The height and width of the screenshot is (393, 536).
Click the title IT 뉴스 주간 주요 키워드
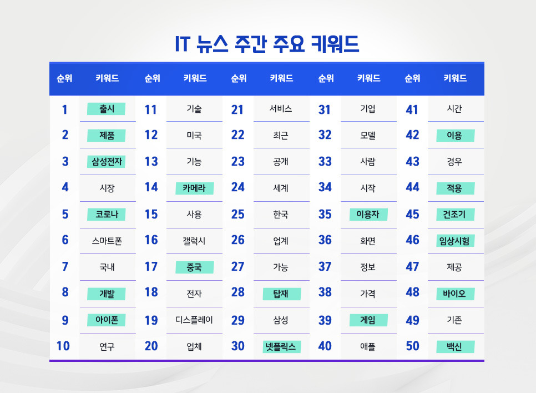pyautogui.click(x=267, y=44)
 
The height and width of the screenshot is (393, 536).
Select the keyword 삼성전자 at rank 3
pyautogui.click(x=107, y=162)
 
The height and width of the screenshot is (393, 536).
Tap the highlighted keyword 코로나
pyautogui.click(x=107, y=215)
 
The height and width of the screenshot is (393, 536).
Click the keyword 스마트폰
pyautogui.click(x=107, y=241)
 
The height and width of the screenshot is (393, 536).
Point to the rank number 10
pyautogui.click(x=63, y=346)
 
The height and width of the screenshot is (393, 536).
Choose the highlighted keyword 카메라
pyautogui.click(x=194, y=188)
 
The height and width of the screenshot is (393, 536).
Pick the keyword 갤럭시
pyautogui.click(x=194, y=241)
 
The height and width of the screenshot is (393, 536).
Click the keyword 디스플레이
pyautogui.click(x=194, y=320)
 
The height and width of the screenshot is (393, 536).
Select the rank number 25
pyautogui.click(x=237, y=215)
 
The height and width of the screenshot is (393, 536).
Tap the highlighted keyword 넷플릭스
pyautogui.click(x=281, y=347)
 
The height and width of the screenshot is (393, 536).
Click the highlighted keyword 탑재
pyautogui.click(x=281, y=293)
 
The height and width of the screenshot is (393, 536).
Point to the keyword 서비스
pyautogui.click(x=281, y=110)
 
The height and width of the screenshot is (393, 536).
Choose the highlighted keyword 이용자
pyautogui.click(x=368, y=215)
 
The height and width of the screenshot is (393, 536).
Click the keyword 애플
pyautogui.click(x=368, y=347)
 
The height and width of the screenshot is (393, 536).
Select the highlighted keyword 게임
pyautogui.click(x=368, y=320)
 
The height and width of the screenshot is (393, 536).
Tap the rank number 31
pyautogui.click(x=325, y=110)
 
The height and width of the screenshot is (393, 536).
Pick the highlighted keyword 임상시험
pyautogui.click(x=454, y=241)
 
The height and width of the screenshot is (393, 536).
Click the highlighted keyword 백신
pyautogui.click(x=454, y=347)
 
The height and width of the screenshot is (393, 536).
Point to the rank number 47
pyautogui.click(x=412, y=267)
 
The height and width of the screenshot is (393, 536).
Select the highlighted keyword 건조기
pyautogui.click(x=454, y=215)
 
